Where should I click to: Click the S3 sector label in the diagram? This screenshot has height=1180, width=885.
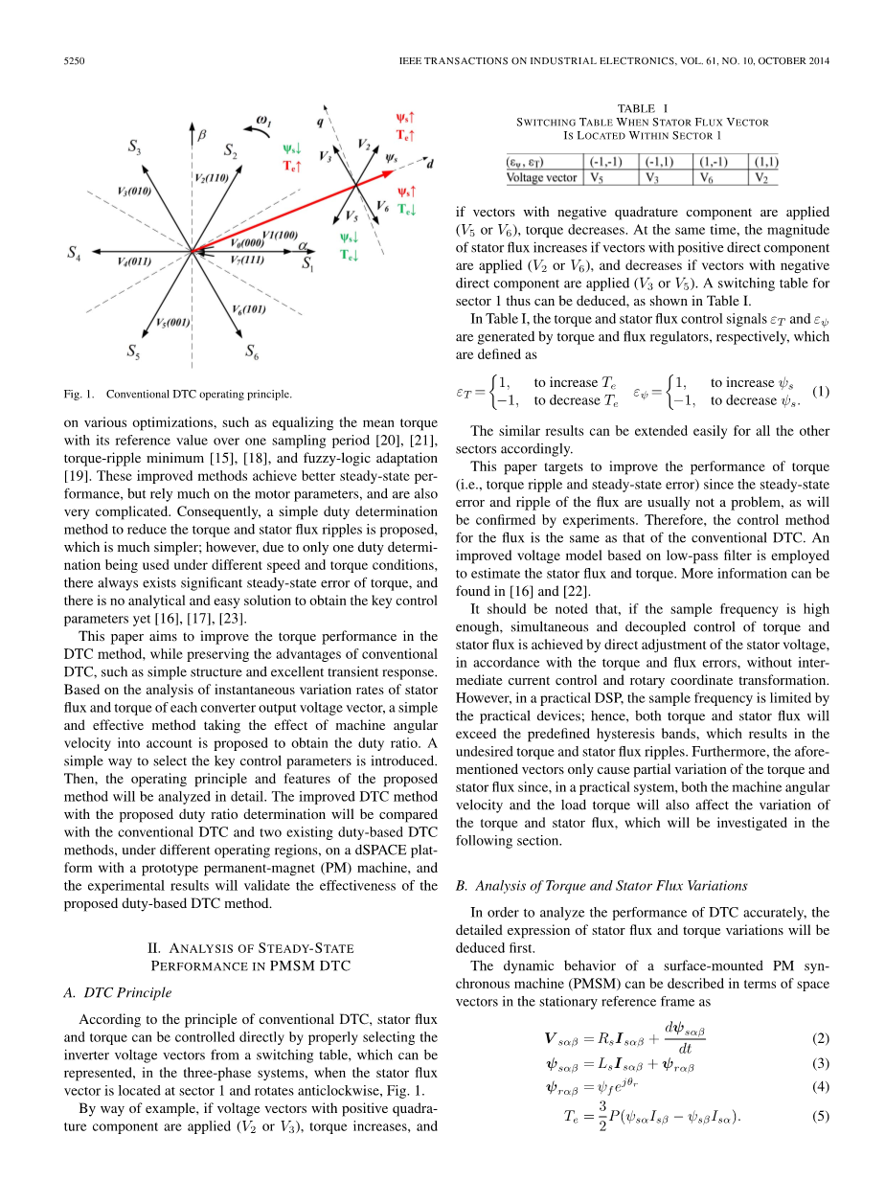[136, 147]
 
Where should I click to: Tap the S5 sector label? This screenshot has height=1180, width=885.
[136, 352]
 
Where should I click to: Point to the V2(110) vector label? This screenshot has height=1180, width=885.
[211, 177]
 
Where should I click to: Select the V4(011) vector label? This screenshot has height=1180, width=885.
[133, 261]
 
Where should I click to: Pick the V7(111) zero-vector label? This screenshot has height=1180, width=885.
[247, 261]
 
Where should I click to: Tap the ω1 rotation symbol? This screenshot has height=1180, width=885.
[263, 121]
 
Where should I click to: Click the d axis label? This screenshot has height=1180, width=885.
[430, 164]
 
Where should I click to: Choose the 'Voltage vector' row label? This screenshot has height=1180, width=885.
[542, 177]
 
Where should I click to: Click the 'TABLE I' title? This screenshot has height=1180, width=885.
[643, 108]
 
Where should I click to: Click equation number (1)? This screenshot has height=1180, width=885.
[820, 391]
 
